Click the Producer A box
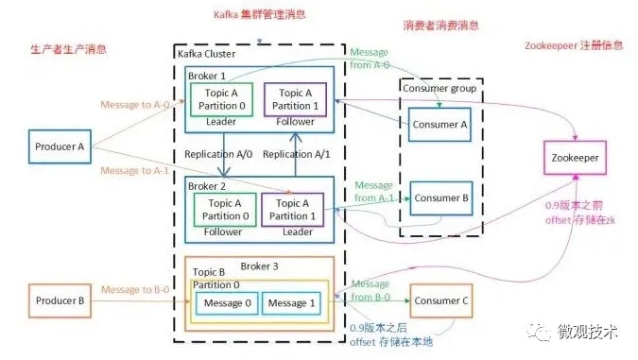[61, 146]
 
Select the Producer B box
[61, 301]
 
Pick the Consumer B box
[439, 198]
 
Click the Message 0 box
[226, 302]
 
